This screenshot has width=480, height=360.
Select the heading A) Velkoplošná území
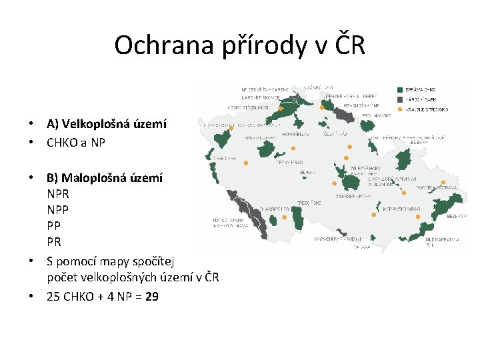click(x=107, y=124)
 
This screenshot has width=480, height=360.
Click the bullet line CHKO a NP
click(x=76, y=142)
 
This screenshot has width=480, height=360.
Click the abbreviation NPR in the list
click(x=58, y=195)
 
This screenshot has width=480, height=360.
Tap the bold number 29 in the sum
click(x=151, y=297)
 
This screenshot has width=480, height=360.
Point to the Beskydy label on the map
click(x=454, y=216)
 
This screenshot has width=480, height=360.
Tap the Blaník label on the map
click(x=307, y=171)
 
